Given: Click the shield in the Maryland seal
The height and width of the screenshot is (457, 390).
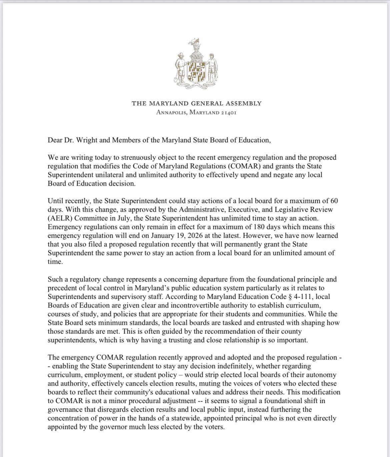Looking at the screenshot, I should coord(196,72).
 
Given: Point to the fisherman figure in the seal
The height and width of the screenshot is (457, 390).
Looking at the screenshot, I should coord(211,68).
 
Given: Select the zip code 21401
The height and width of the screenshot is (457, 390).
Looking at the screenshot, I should coord(229,112).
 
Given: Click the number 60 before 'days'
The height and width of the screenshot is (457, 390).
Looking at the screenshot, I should coord(334,201).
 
